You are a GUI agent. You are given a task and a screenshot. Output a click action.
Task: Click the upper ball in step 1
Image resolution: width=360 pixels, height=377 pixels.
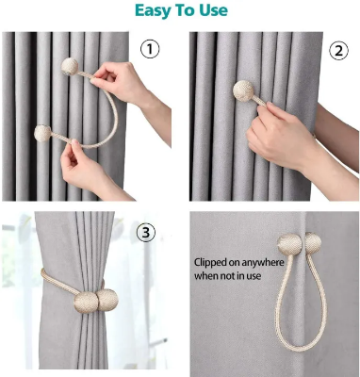[71, 68]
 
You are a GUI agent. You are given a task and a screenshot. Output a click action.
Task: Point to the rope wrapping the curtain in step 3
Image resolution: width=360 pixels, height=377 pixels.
[57, 283]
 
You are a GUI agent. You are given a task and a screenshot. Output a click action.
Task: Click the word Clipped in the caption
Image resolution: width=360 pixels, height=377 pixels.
[215, 261]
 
